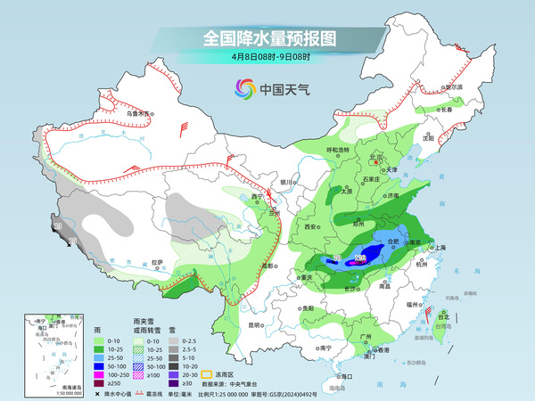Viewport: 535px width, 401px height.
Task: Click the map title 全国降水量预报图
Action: (268, 39)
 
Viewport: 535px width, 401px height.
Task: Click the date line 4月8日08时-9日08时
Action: (268, 58)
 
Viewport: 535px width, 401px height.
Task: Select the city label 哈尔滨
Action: (453, 87)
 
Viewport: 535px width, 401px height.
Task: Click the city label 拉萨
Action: (157, 262)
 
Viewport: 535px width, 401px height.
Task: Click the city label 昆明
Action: (256, 324)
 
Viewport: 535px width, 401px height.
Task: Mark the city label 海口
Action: (336, 377)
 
